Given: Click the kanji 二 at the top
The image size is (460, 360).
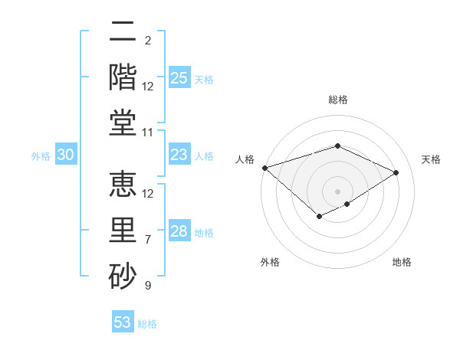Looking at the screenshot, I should point(123,31).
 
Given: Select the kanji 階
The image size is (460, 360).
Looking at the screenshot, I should point(123,77).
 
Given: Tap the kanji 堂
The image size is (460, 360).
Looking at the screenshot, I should point(123,123).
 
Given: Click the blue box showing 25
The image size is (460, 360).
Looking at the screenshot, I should point(179,78).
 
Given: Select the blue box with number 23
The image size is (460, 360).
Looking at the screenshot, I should point(179,155).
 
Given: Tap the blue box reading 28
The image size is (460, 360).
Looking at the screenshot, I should point(179,232).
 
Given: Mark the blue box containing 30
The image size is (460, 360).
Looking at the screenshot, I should point(65,155).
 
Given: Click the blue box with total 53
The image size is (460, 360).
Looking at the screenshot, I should point(123,322).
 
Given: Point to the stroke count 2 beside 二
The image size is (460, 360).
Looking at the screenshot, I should point(148,40).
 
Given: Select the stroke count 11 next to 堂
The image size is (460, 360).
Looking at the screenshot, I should point(148,133).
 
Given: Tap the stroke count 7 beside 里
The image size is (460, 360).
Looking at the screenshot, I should point(148,240).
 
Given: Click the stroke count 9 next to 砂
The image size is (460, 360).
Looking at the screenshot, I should point(148,286).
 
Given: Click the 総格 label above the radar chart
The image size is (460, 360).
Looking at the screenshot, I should point(337,100).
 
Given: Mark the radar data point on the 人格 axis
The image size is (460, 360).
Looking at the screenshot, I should point(264,168).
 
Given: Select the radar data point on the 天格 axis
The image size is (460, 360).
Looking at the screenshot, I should point(396,172).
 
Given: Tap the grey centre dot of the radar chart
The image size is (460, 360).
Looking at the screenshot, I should point(337,191).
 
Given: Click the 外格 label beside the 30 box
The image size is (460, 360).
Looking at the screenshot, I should point(41,156).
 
